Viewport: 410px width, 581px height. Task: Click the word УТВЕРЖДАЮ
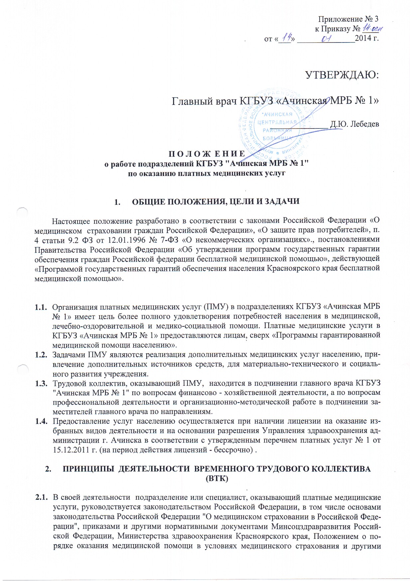pos(342,75)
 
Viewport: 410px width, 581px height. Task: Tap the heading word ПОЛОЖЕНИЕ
pos(207,154)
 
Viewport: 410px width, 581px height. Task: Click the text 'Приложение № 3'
pos(348,19)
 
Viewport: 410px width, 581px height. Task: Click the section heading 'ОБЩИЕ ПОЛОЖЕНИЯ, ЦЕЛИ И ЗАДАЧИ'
pos(216,202)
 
